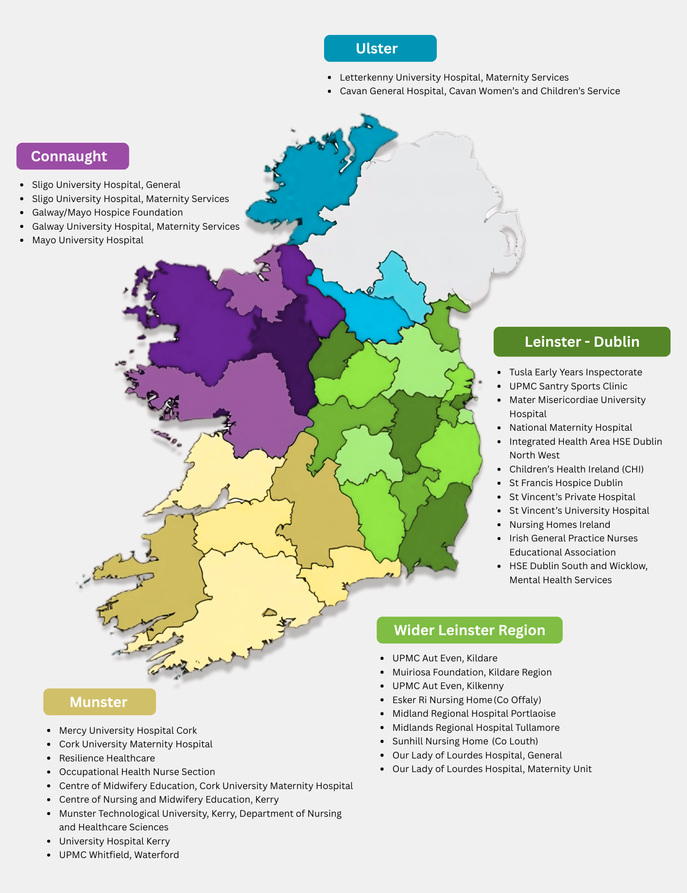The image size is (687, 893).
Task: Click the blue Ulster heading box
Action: tap(380, 49)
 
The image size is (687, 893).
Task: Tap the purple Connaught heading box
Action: tap(72, 156)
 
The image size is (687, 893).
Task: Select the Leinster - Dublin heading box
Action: tap(582, 342)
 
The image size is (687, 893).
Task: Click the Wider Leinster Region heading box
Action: tap(469, 630)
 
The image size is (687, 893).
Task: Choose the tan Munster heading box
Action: tap(99, 702)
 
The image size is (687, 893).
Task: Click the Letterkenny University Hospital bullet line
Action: tap(454, 77)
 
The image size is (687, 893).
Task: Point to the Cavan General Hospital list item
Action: tap(480, 91)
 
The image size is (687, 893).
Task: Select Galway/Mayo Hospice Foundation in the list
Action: tap(107, 212)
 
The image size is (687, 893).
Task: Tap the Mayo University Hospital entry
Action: tap(87, 240)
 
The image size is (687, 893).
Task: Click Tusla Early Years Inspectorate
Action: tap(575, 372)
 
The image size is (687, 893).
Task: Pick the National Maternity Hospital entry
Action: tap(570, 427)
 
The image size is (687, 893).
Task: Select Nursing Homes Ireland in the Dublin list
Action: tap(559, 524)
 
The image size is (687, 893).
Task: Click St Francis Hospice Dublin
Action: tap(566, 483)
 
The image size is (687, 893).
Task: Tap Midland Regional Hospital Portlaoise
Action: tap(474, 713)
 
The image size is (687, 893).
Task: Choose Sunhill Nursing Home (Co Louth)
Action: tap(465, 741)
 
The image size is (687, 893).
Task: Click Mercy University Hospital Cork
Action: tap(128, 730)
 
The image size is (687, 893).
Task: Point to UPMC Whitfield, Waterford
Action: tap(119, 855)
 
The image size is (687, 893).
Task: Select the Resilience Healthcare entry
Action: tap(107, 758)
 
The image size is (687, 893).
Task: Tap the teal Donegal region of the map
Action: tap(311, 185)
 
